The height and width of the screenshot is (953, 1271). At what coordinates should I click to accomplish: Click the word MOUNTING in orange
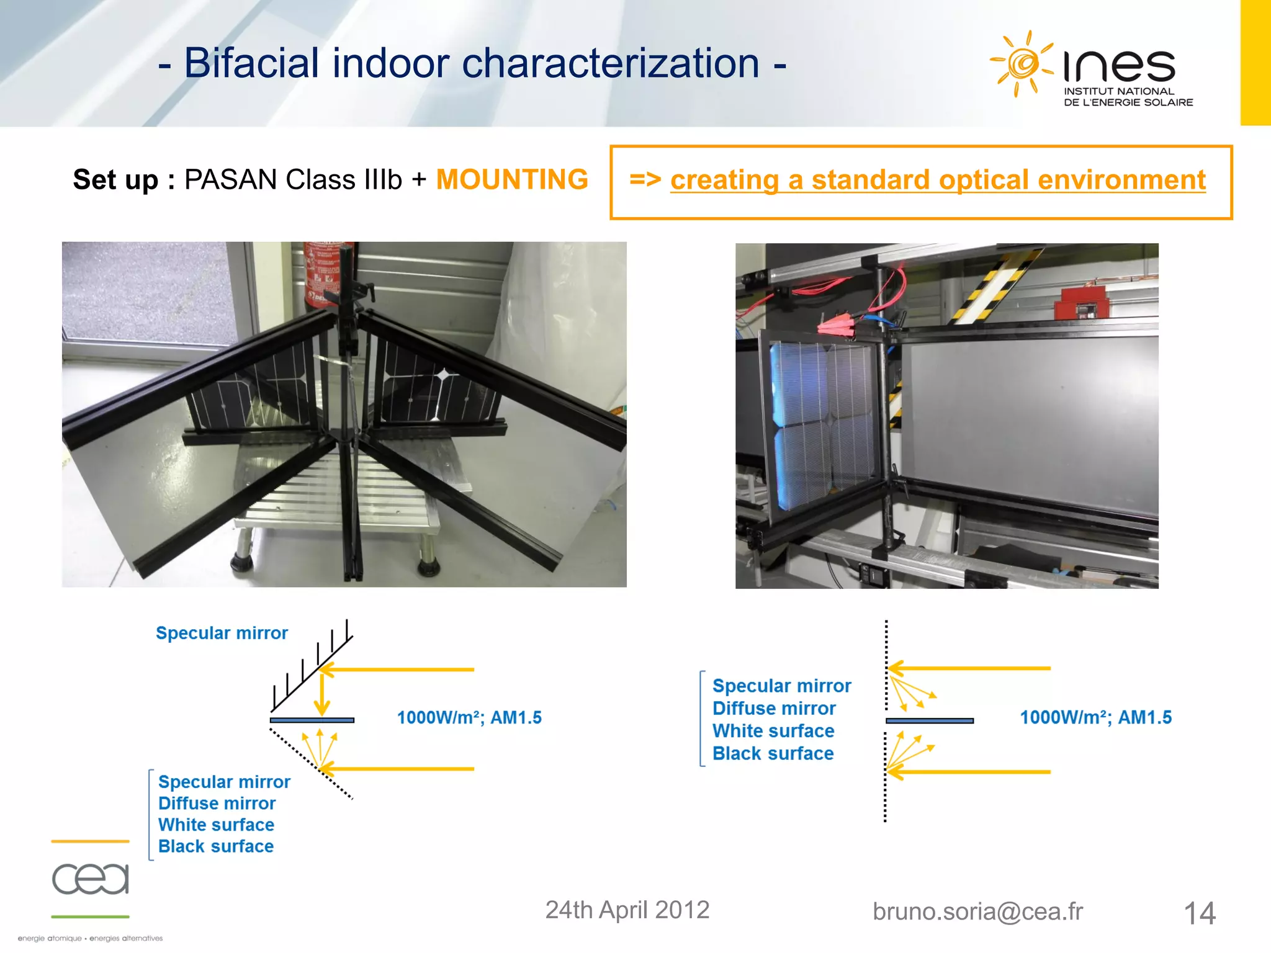pos(512,180)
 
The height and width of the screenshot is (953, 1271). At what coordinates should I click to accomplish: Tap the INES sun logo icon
pos(1021,63)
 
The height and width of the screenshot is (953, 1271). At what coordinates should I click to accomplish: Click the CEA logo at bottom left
pos(91,879)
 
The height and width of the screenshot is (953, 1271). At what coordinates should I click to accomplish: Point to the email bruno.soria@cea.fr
pos(977,911)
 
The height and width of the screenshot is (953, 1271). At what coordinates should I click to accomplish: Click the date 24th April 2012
pos(627,910)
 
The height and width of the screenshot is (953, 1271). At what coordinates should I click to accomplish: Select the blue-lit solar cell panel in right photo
pos(822,422)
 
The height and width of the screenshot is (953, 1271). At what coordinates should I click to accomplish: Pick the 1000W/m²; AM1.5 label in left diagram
pos(469,718)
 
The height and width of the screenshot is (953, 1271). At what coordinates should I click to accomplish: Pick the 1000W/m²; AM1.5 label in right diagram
pos(1095,718)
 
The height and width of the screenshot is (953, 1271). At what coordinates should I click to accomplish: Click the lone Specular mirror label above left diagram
pos(222,633)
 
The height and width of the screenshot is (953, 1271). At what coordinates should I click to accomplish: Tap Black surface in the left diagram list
pos(215,846)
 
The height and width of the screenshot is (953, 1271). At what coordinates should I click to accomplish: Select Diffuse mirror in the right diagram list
pos(773,708)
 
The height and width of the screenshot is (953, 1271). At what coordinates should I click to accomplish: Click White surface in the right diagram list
pos(773,731)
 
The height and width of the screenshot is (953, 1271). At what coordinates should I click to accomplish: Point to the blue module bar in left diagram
pos(312,720)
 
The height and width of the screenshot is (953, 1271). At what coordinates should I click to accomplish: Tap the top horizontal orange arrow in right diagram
pos(968,668)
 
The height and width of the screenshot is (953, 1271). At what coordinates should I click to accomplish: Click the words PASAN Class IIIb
pos(293,180)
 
